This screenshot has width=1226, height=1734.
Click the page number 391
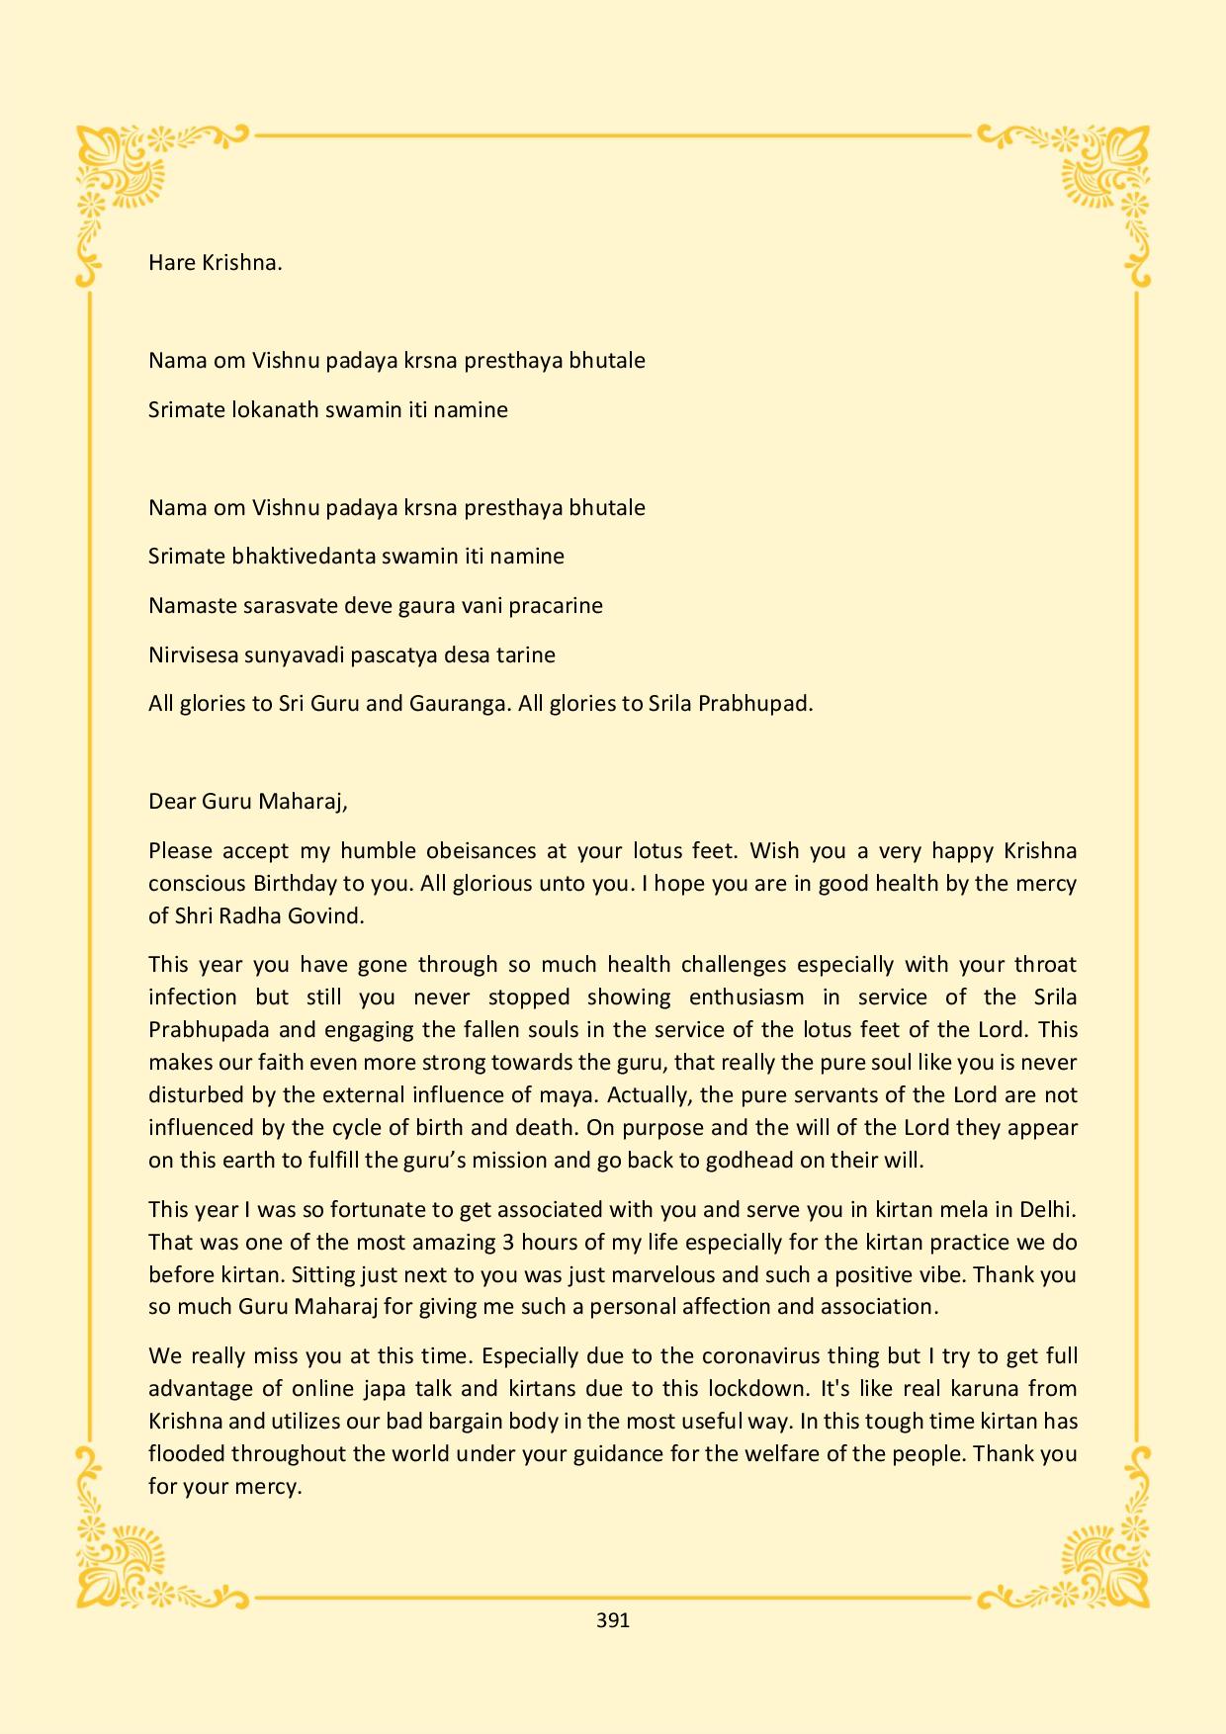click(x=613, y=1620)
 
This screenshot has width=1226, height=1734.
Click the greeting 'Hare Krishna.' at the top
click(x=216, y=263)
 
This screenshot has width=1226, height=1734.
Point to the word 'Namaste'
click(x=192, y=606)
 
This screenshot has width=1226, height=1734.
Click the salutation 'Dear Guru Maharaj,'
click(x=248, y=802)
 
